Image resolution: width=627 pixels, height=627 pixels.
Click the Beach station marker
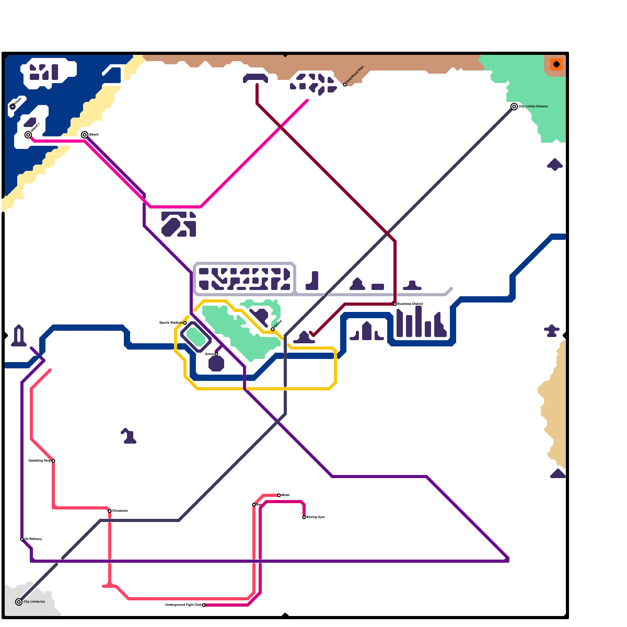pos(85,135)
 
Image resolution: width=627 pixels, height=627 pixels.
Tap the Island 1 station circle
pos(28,135)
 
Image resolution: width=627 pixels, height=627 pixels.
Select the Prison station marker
pos(13,107)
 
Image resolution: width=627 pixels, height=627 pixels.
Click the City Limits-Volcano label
pos(533,107)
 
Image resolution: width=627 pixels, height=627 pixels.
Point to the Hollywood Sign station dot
pos(345,85)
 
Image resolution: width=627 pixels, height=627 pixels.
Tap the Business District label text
pos(410,304)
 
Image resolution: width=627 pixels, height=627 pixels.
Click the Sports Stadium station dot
pos(185,323)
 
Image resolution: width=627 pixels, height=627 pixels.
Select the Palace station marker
pos(273,329)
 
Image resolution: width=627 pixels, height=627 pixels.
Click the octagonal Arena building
pos(216,364)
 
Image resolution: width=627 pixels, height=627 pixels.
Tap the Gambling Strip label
pos(40,460)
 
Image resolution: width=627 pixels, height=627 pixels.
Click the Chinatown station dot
pos(110,511)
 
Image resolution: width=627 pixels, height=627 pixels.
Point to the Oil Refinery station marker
pos(22,539)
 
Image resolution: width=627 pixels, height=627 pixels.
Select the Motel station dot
pos(279,495)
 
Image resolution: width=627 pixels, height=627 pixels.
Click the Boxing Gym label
pos(315,517)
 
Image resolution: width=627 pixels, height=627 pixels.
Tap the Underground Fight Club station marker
pos(204,605)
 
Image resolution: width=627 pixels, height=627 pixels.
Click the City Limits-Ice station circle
pos(19,602)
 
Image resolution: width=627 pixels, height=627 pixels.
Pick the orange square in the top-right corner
pos(556,64)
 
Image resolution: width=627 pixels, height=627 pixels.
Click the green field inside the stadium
pos(196,337)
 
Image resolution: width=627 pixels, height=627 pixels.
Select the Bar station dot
pos(254,505)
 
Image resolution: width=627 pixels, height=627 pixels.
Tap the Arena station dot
pos(216,354)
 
